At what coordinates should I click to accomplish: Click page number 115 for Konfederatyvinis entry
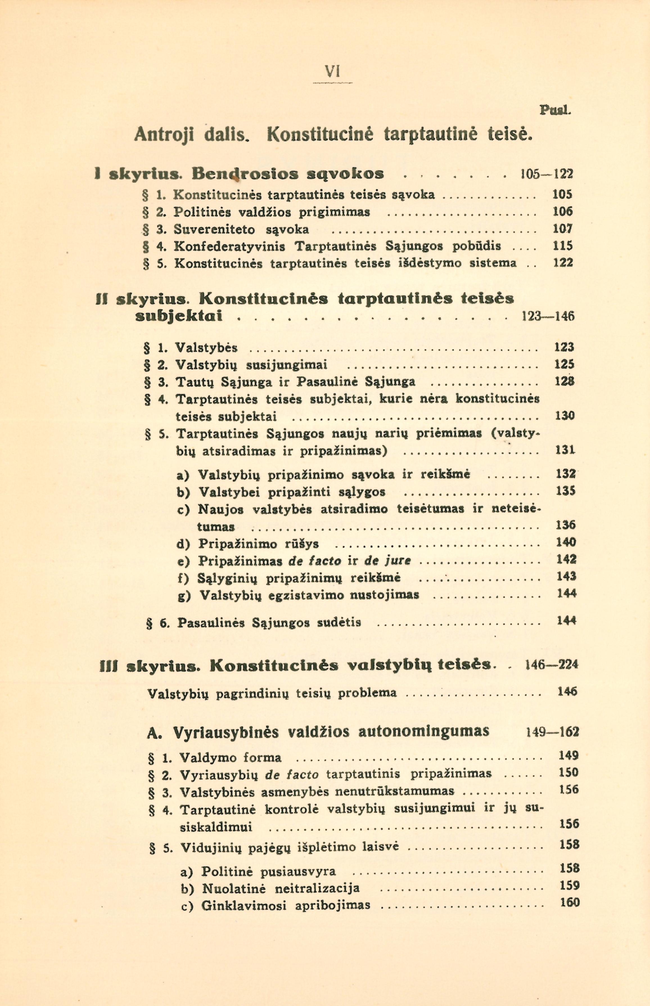pos(563,246)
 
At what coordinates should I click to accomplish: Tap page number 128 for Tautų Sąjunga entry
pos(564,381)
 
